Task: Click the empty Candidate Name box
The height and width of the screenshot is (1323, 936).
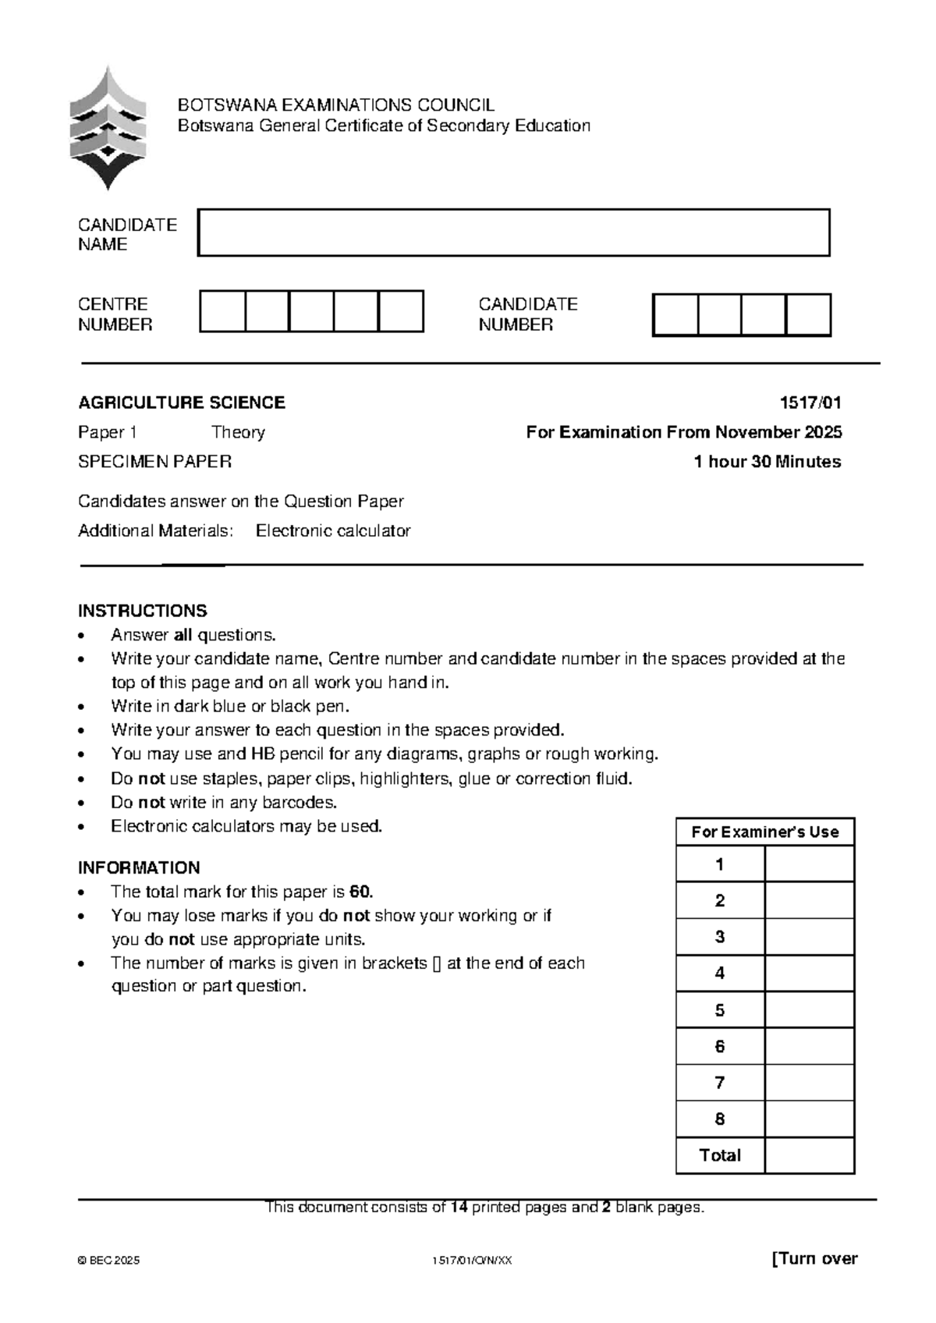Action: point(513,232)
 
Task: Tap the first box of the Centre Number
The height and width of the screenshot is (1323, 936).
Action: point(222,311)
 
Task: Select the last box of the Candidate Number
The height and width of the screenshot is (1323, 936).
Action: point(808,315)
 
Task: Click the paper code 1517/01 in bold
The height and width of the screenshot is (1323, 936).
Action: point(810,403)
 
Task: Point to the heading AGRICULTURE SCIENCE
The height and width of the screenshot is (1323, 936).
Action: point(181,403)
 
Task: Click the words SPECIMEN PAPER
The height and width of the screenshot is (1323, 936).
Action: point(154,462)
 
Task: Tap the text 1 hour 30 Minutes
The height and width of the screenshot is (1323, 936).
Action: point(767,462)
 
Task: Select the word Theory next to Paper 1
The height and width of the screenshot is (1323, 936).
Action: point(238,432)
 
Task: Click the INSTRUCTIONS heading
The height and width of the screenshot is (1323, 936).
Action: point(142,611)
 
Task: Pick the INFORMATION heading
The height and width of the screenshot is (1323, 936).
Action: point(139,867)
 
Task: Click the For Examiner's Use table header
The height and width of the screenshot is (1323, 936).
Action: point(764,832)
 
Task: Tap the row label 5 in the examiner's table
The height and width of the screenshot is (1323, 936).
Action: point(719,1010)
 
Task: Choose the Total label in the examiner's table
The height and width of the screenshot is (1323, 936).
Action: point(719,1155)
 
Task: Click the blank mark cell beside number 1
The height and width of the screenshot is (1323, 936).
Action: point(809,864)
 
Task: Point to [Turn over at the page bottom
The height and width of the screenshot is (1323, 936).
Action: point(814,1258)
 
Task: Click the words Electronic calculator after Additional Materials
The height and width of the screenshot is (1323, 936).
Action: point(333,531)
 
